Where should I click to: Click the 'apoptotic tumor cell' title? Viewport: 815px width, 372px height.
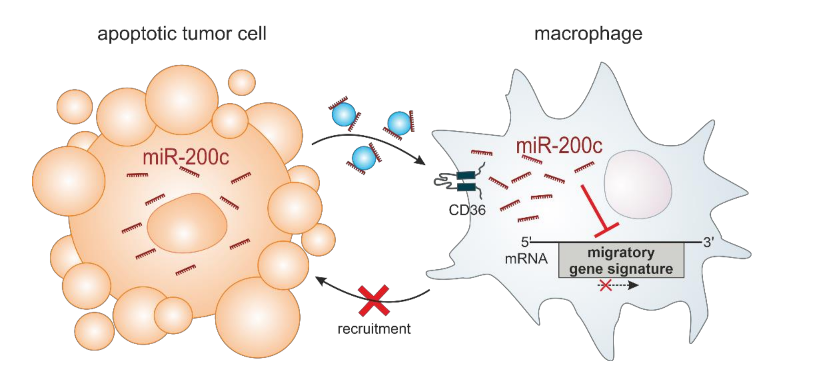pyautogui.click(x=182, y=34)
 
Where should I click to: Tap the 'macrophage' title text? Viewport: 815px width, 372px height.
pyautogui.click(x=588, y=34)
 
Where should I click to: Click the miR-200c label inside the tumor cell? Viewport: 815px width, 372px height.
pyautogui.click(x=186, y=158)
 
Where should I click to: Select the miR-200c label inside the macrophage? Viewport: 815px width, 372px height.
pyautogui.click(x=559, y=145)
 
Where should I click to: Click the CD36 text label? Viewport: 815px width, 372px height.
pyautogui.click(x=467, y=210)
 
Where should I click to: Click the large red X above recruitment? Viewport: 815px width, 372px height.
pyautogui.click(x=374, y=300)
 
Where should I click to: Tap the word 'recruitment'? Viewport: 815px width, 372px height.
pyautogui.click(x=374, y=328)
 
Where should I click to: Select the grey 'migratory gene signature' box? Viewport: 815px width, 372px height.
pyautogui.click(x=621, y=261)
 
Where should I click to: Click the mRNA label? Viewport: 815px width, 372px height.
pyautogui.click(x=526, y=258)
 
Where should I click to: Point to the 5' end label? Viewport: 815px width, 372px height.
pyautogui.click(x=526, y=242)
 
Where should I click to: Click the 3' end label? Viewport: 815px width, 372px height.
pyautogui.click(x=708, y=242)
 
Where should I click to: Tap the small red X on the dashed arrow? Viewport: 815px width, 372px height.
pyautogui.click(x=605, y=285)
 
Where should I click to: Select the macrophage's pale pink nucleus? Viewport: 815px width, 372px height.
pyautogui.click(x=638, y=184)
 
